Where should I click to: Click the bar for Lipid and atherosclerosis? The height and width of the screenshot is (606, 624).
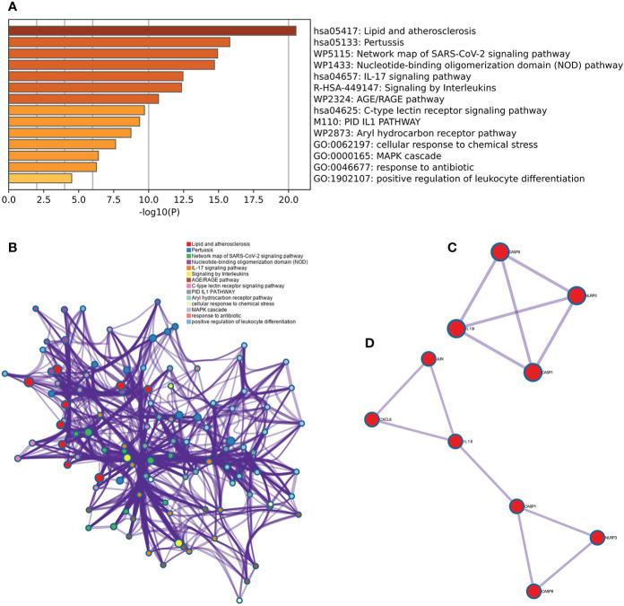click(x=152, y=31)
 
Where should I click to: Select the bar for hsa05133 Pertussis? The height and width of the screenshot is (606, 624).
click(x=119, y=42)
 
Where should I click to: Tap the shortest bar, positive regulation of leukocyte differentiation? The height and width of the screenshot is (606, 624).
click(x=40, y=178)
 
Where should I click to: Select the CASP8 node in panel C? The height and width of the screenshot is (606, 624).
click(x=500, y=252)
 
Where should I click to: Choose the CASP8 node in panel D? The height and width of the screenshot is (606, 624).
click(x=533, y=591)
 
